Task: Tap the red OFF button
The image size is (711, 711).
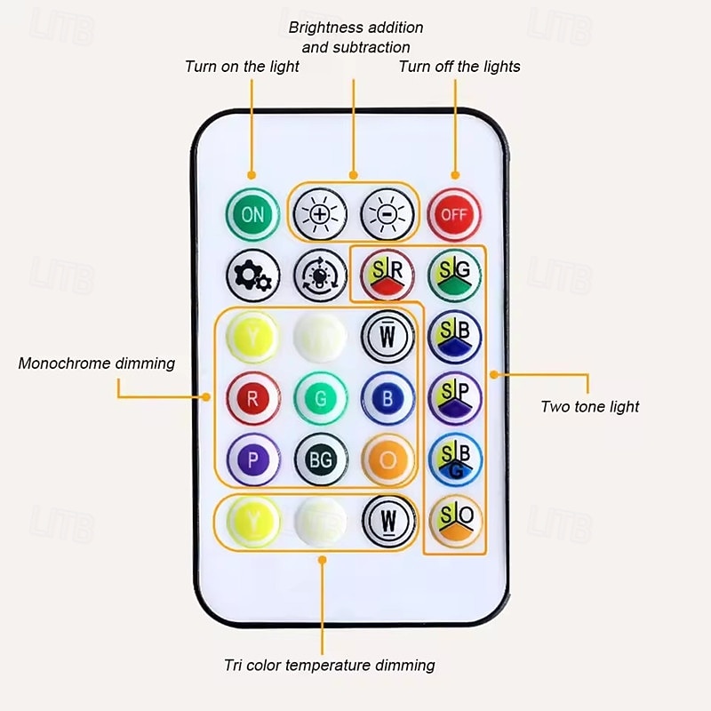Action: coord(454,214)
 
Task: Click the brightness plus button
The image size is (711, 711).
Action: coord(320,214)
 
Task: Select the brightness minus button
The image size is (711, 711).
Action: coord(387,214)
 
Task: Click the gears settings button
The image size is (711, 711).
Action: coord(252,276)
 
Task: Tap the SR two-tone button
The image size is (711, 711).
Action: coord(387,276)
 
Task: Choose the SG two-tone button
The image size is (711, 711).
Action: coord(455,276)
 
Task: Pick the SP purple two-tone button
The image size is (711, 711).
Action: coord(455,397)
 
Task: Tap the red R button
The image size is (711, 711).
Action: coord(252,398)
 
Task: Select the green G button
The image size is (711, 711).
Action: coord(321,398)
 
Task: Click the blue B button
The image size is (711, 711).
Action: coord(387,398)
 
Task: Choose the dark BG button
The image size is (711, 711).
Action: coord(321,459)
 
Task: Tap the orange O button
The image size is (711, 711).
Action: coord(387,459)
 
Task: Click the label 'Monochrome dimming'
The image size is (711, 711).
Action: coord(96,363)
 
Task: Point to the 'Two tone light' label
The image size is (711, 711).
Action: coord(590,407)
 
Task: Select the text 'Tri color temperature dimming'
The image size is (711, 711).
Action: coord(330,665)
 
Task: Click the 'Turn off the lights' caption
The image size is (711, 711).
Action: coord(459,67)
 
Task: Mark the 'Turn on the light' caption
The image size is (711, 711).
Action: coord(242,67)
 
